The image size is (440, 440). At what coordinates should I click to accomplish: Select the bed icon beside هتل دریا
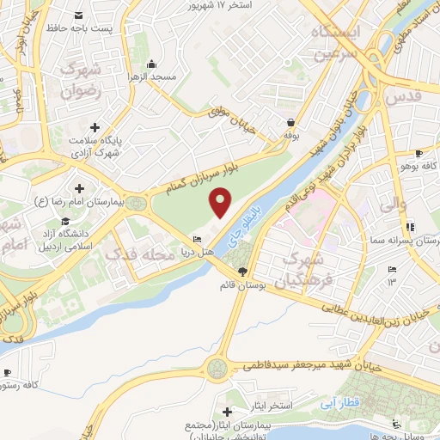[199, 239]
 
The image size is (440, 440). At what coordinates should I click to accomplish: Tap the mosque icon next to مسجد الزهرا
[152, 63]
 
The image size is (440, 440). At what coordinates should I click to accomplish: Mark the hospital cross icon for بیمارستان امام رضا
[80, 188]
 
